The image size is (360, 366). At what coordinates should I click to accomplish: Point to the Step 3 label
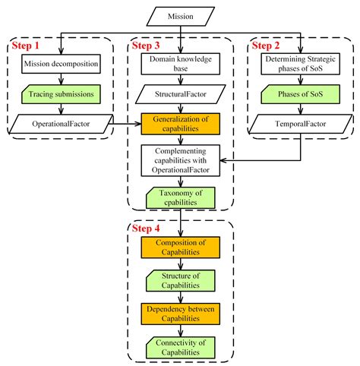pyautogui.click(x=148, y=47)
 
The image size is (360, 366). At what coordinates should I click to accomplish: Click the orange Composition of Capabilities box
pyautogui.click(x=179, y=248)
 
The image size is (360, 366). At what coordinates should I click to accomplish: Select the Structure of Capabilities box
pyautogui.click(x=179, y=279)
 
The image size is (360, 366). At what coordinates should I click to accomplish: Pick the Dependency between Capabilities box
pyautogui.click(x=179, y=314)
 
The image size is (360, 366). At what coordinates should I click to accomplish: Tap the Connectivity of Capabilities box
pyautogui.click(x=179, y=346)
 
